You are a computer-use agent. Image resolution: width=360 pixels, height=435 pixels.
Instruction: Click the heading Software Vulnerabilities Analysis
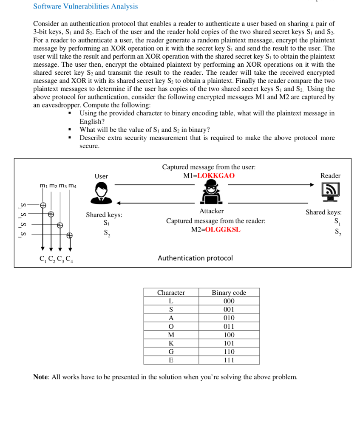(x=85, y=6)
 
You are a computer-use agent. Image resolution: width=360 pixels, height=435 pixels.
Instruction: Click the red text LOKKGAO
(x=216, y=176)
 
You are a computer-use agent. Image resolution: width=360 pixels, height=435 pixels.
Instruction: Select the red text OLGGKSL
(x=222, y=229)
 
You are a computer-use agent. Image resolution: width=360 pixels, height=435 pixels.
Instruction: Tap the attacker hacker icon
(x=211, y=192)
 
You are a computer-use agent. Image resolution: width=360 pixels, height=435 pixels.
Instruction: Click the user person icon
(x=102, y=193)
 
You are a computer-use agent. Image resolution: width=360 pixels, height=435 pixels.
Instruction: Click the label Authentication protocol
(x=195, y=258)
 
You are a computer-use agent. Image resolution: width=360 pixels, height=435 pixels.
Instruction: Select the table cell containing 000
(x=229, y=301)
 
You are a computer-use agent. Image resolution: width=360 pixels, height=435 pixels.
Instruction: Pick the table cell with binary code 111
(x=229, y=360)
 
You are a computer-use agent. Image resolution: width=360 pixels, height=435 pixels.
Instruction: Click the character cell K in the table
(x=171, y=343)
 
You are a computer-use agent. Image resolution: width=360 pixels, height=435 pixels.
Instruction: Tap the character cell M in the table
(x=171, y=335)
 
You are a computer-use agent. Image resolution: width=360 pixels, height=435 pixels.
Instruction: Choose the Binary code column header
(x=229, y=293)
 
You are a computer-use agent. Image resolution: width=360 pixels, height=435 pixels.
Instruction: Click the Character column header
(x=171, y=293)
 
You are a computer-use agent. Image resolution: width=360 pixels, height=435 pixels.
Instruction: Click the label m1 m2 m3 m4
(x=58, y=186)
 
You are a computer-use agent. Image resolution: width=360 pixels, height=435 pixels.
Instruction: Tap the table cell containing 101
(x=229, y=343)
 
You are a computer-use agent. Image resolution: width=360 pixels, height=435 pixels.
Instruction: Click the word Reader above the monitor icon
(x=330, y=175)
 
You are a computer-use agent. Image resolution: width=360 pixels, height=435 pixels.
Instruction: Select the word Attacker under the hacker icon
(x=211, y=211)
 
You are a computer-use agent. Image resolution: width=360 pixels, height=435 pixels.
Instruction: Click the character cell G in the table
(x=171, y=352)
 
